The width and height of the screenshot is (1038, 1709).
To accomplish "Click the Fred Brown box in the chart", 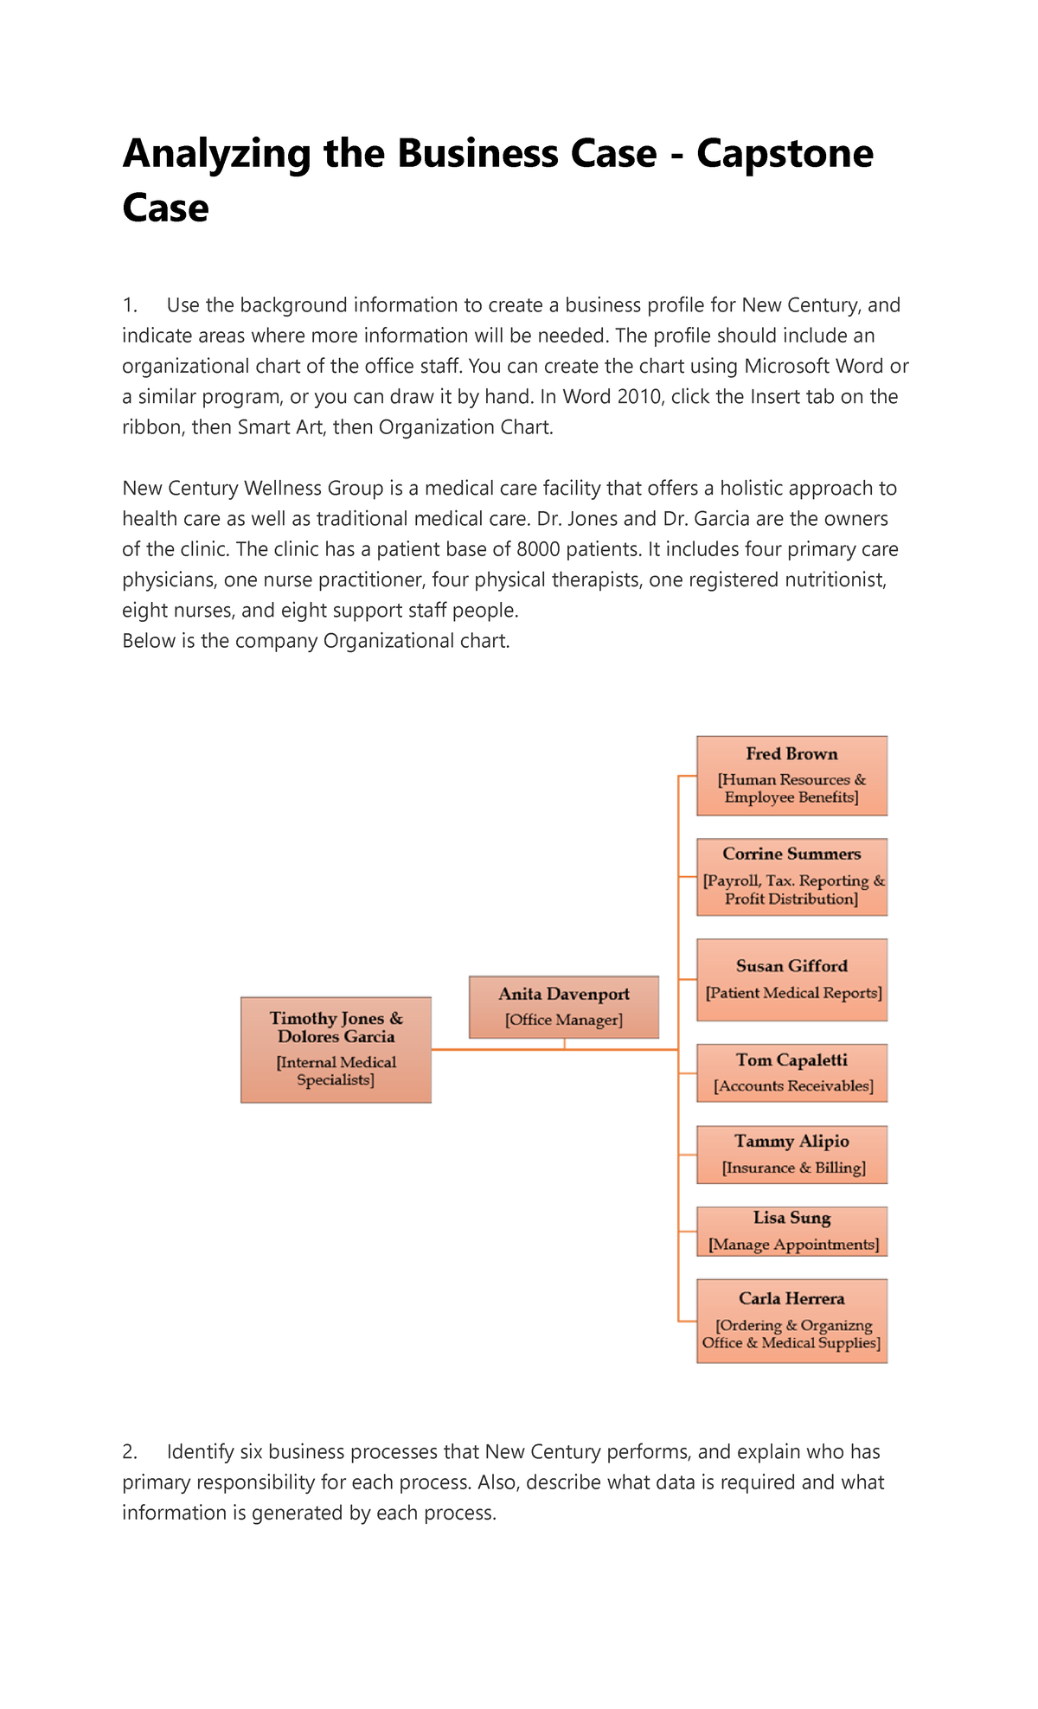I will click(x=791, y=775).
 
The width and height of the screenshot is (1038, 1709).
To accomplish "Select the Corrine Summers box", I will click(x=791, y=876).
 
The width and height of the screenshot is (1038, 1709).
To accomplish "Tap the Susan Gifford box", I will click(x=791, y=979).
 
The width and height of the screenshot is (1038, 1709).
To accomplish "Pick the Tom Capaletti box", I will click(x=791, y=1072).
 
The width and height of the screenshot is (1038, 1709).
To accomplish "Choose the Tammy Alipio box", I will click(x=791, y=1154).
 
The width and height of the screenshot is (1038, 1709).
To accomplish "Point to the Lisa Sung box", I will click(x=791, y=1231).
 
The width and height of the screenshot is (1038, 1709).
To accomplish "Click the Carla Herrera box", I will click(x=791, y=1321).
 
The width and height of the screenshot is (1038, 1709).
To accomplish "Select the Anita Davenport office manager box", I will click(x=564, y=1007).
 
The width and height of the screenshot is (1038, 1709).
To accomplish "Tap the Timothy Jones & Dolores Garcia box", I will click(x=336, y=1049).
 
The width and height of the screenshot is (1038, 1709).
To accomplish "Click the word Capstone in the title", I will click(x=785, y=154).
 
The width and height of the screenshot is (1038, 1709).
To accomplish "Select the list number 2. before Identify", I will click(x=131, y=1451).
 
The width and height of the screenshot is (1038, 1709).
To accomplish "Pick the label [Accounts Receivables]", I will click(x=793, y=1086).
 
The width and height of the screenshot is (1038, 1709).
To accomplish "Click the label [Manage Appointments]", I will click(x=793, y=1245).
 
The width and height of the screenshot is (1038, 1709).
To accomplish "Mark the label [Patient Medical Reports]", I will click(x=793, y=993).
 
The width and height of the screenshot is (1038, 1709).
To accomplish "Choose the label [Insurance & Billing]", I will click(x=793, y=1168).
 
